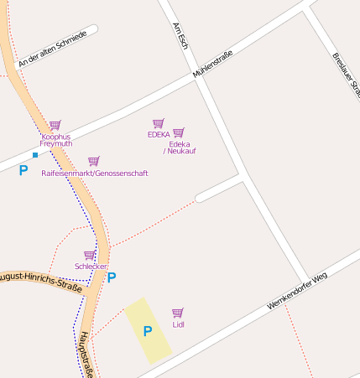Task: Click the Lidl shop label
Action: [178, 324]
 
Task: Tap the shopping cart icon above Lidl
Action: [178, 313]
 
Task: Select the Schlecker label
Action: [91, 267]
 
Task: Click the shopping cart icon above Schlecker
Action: [89, 255]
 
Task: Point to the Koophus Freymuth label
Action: [56, 140]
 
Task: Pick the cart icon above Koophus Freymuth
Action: [55, 125]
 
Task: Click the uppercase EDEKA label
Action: [159, 134]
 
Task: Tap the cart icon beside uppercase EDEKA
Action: [158, 123]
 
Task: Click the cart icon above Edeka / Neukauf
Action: [179, 132]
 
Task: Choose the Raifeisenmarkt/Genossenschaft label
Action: [95, 173]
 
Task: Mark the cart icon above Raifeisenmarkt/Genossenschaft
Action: [94, 161]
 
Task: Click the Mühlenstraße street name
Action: [212, 65]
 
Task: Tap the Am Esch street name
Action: [180, 36]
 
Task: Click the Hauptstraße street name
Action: [86, 354]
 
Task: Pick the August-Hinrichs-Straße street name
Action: [39, 282]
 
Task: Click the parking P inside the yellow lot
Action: [148, 331]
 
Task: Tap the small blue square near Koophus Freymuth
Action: [34, 155]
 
